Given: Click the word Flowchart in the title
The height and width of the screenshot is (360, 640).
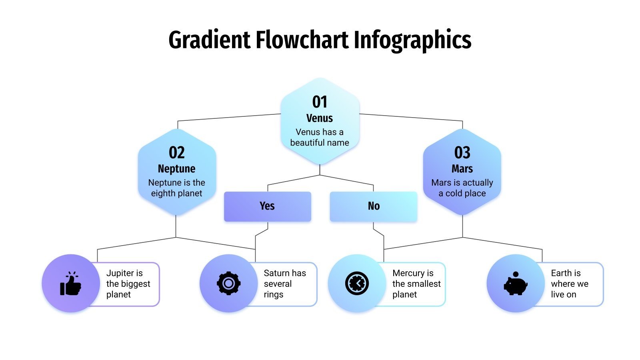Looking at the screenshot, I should pos(302,40).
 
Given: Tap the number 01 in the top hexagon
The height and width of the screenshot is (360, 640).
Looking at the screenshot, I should pos(320,102).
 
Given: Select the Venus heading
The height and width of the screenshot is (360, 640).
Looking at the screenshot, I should pos(320,118).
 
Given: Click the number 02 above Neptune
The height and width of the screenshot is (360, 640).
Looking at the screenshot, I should pos(177,153).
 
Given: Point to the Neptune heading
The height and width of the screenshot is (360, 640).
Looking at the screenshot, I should pos(177,169).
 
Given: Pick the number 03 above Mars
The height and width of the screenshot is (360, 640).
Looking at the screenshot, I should pos(462,153).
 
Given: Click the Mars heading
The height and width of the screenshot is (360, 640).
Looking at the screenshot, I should pos(462,169).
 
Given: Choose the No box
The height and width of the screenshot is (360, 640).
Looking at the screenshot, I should pos(373,206).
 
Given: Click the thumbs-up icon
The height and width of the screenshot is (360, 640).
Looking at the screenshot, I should pos(70,284).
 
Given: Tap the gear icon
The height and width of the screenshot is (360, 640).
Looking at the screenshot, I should pos(228,284).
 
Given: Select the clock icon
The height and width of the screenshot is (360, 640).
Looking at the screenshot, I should pos(357,284).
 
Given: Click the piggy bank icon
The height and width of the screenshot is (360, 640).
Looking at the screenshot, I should pos(515,284).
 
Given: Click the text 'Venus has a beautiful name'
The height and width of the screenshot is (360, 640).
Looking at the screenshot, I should pos(320,137).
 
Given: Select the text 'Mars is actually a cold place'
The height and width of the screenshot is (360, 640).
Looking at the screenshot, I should pos(462,188).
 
